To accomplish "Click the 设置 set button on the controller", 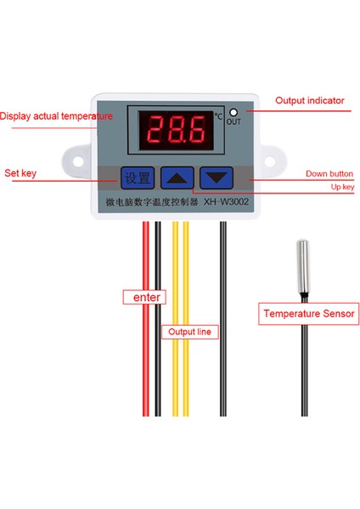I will coord(137,177).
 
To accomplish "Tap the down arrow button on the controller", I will coord(216,177).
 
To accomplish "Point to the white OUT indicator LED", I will coord(232,112).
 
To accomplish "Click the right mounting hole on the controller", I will coord(277,159).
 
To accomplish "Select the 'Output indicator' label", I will coord(309,100).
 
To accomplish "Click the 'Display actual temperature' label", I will coord(55,116).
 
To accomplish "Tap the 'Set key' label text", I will coord(22,172).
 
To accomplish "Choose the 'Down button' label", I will coord(329,174).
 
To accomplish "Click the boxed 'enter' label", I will coord(143,298).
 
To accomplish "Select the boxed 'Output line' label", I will coord(189,332).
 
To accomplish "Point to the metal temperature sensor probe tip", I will coord(301,263).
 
